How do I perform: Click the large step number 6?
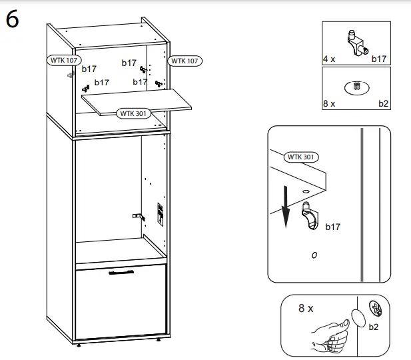tap(12, 20)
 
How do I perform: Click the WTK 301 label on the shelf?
tap(133, 113)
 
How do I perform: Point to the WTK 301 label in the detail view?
tap(302, 157)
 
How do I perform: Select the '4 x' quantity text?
tap(329, 59)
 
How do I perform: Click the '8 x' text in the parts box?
tap(329, 103)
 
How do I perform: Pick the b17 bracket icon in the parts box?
tap(356, 43)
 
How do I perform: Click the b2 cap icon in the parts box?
tap(356, 87)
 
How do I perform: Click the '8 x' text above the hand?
tap(306, 309)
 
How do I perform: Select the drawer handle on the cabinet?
tap(122, 273)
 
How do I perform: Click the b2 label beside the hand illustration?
tap(374, 327)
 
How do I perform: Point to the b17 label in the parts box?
tap(378, 59)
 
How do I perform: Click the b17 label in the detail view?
tap(332, 227)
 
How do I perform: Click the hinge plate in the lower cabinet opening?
tap(137, 216)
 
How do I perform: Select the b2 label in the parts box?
tap(383, 103)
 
